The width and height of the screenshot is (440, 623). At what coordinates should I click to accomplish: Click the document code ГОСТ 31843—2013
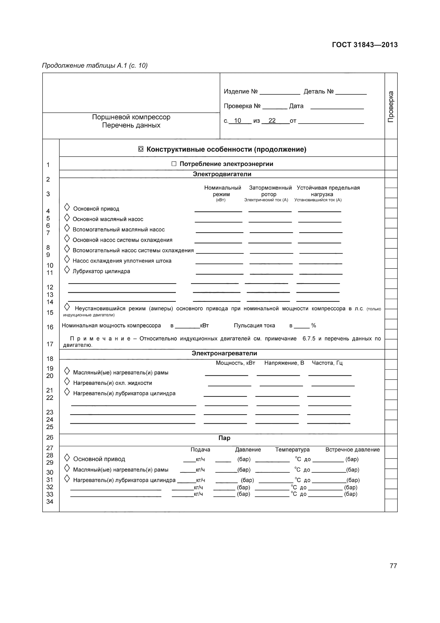365,45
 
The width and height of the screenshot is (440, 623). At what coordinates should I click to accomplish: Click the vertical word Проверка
391,107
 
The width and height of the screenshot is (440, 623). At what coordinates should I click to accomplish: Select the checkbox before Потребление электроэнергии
174,164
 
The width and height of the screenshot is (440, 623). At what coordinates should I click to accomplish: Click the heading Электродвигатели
222,174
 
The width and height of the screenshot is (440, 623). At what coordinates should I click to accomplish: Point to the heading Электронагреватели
224,353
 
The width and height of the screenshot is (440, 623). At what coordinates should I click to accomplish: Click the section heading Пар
224,438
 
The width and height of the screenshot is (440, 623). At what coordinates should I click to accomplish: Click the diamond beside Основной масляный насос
67,218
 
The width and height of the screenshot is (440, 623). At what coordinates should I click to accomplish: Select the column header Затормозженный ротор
270,191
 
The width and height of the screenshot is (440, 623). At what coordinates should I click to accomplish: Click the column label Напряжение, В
284,363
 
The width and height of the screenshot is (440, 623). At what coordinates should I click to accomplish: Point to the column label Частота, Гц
327,363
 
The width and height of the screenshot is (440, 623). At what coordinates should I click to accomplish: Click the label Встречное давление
352,450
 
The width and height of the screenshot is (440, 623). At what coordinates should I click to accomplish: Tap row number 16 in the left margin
50,327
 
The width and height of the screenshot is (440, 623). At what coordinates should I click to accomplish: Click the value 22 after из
272,121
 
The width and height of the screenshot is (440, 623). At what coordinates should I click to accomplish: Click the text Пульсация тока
254,325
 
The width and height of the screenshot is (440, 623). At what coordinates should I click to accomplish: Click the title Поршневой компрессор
131,117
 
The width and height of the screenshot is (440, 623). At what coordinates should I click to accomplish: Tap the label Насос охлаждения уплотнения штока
122,261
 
